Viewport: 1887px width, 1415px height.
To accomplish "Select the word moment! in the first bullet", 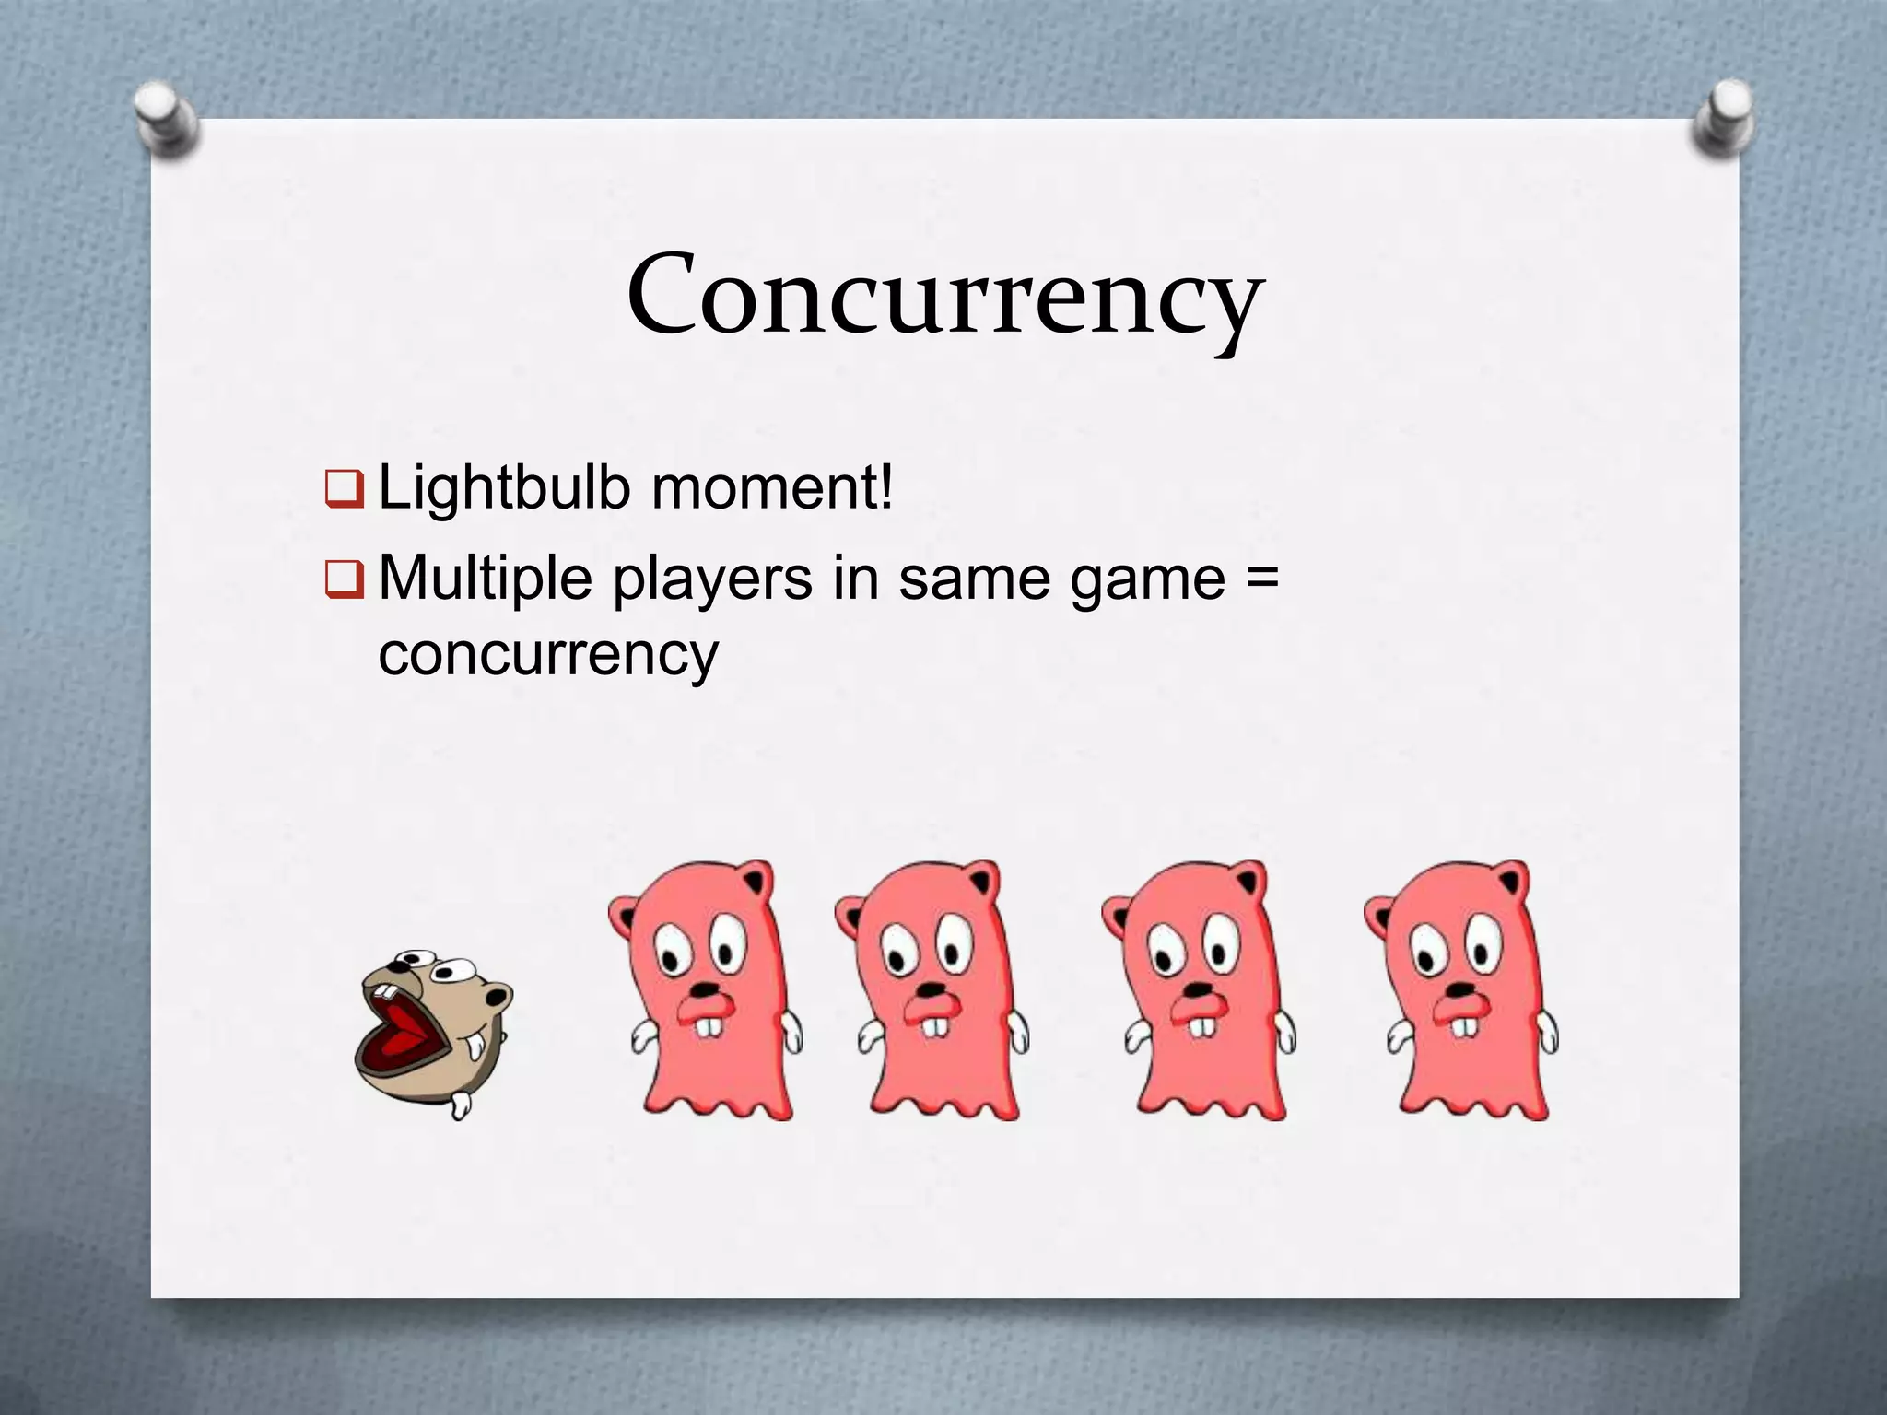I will click(x=772, y=488).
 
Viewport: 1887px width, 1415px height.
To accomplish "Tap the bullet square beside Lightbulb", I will click(x=346, y=489).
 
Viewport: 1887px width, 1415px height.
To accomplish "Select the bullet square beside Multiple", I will click(x=346, y=580).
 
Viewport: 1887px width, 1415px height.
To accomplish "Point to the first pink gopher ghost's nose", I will click(x=705, y=991).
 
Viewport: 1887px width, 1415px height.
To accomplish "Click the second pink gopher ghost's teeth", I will click(x=935, y=1025).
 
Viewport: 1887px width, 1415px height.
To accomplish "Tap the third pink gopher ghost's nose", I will click(x=1197, y=990).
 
